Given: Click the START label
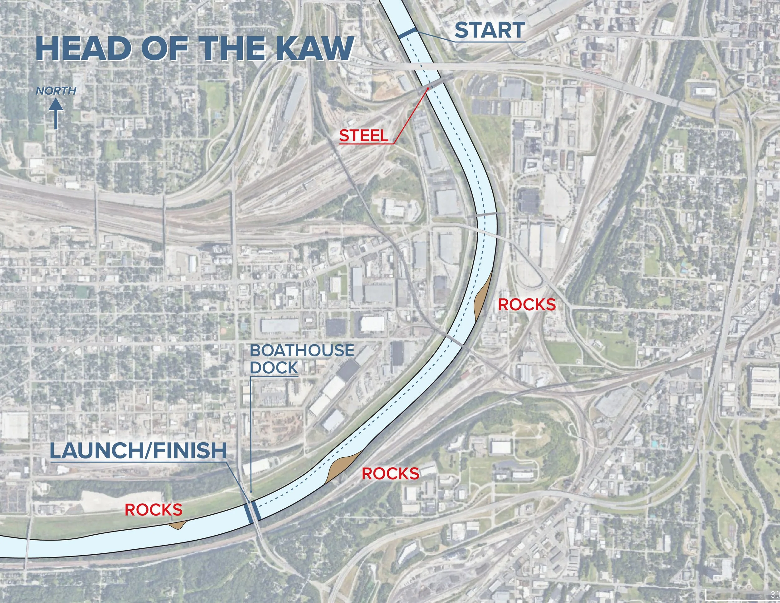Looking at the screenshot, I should coord(489,30).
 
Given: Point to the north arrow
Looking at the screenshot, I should coord(56,114).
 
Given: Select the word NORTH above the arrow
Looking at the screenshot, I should coord(56,91).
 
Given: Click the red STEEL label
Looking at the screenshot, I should coord(363,136).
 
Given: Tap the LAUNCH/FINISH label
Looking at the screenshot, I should coord(138,451).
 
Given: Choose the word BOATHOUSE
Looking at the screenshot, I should coord(302,351).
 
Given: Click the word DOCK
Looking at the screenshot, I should coord(274,367).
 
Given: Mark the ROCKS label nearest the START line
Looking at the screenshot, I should coord(527,305).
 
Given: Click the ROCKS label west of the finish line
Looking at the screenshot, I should coord(154,509).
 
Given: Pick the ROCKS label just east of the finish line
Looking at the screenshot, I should coord(390,474).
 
